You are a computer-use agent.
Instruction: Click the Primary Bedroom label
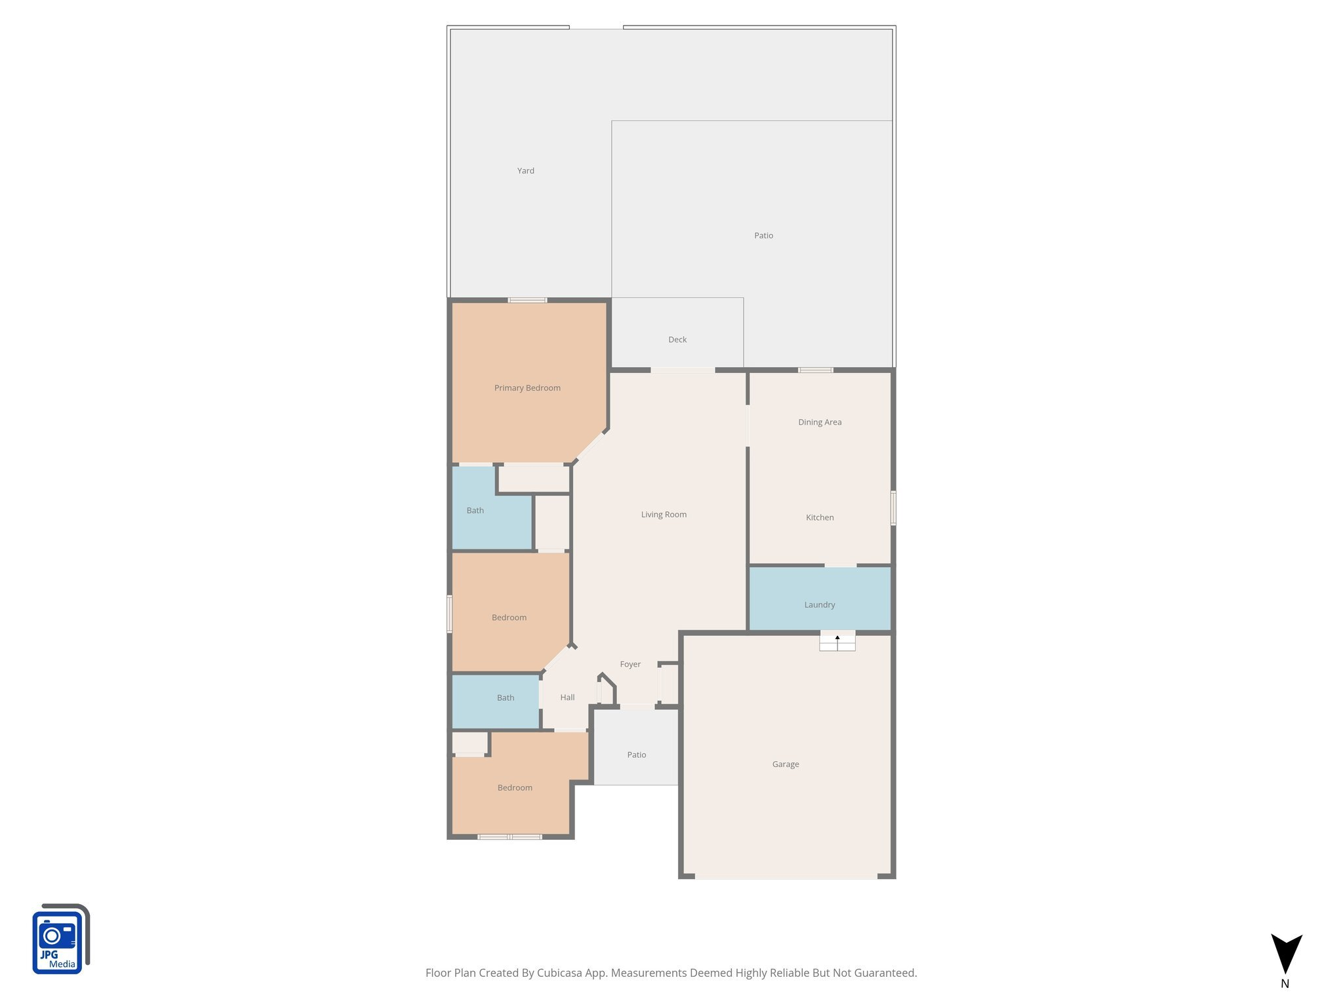[527, 388]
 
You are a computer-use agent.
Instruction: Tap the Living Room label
[664, 515]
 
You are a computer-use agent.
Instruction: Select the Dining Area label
[820, 422]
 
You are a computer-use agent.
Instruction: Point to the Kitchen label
[820, 518]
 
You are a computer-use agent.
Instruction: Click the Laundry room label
[820, 605]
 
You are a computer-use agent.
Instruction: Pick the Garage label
[786, 764]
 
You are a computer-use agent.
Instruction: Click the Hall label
[567, 698]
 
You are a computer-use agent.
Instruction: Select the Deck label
[677, 340]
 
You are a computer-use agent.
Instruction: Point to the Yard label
[525, 171]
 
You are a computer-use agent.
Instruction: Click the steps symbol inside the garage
[837, 642]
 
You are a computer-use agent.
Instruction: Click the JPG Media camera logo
[60, 939]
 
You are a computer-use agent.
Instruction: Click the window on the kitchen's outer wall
[893, 507]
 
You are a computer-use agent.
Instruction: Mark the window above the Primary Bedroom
[527, 300]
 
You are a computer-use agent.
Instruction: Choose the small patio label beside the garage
[636, 755]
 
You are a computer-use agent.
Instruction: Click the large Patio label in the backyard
[763, 236]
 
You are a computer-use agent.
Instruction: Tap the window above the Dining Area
[816, 370]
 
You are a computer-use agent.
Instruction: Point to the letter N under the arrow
[1285, 984]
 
